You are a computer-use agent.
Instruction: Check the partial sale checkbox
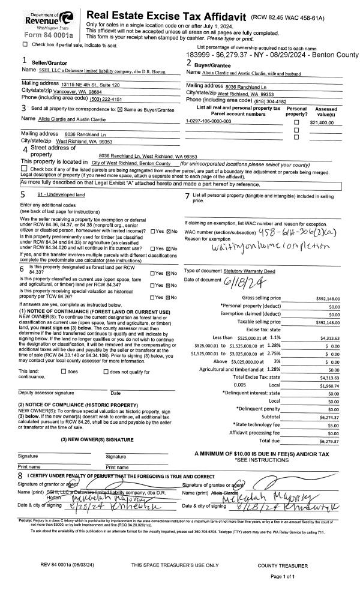(25, 44)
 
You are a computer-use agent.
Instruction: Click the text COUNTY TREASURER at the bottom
(283, 565)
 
